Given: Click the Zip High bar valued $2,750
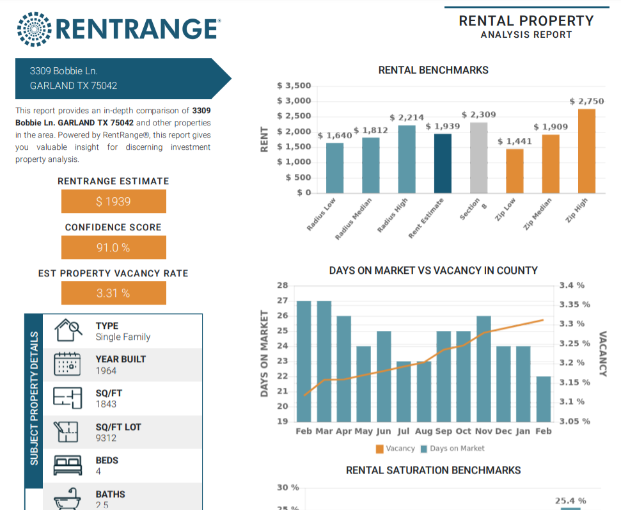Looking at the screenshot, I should point(586,151).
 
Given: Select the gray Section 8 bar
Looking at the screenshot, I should point(478,158).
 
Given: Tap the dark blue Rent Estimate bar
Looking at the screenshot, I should point(443,163).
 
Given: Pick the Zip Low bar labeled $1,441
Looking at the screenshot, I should point(514,171).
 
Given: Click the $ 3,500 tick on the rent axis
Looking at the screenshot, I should point(294,86).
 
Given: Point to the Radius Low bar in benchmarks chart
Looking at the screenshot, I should point(334,168).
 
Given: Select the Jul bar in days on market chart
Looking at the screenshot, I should point(404,392).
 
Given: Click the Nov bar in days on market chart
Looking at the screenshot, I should point(483,369).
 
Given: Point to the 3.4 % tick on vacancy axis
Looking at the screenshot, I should point(572,285).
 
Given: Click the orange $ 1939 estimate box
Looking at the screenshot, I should point(114,202).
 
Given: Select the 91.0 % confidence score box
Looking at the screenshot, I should point(114,248).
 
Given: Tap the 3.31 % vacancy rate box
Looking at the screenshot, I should point(114,294).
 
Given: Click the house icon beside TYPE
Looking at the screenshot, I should point(68,331).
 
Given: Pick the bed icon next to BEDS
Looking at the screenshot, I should point(67,465).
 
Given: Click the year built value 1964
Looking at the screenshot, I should point(106,371).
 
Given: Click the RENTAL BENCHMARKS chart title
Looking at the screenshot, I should point(433,70).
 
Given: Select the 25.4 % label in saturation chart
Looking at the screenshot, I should point(570,501).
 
